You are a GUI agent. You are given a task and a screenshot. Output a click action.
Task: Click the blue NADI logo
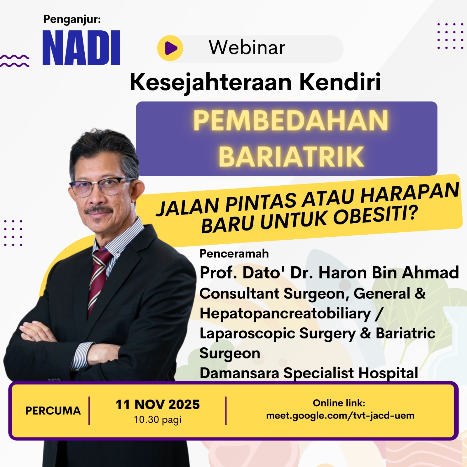81,48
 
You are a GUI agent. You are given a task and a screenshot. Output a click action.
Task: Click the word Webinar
247,47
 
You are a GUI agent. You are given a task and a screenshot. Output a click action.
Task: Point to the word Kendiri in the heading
340,82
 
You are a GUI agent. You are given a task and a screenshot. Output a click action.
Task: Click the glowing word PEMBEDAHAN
291,120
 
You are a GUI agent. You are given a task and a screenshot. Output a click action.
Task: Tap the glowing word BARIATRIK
291,156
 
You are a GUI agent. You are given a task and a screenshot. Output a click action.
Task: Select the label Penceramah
234,254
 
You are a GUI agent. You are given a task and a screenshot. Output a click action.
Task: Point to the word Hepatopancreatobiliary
285,314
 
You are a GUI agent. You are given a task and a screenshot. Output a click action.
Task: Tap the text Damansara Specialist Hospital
309,373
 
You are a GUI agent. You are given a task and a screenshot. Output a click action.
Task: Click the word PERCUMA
53,411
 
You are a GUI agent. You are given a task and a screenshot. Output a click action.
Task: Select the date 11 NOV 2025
158,405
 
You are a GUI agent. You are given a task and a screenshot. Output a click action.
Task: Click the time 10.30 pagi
158,420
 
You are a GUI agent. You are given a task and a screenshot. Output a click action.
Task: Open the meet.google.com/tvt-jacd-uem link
340,415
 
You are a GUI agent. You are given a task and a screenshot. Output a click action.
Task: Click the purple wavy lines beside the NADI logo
15,61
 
